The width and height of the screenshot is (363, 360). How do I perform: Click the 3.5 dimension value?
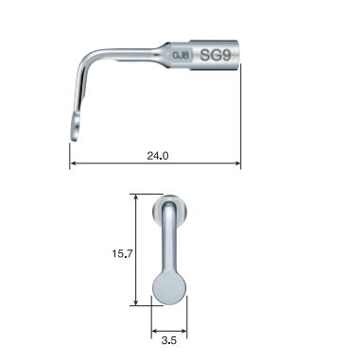169,336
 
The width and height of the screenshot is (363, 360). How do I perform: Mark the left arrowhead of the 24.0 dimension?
73,166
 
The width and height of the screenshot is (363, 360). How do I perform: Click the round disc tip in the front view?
170,285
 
